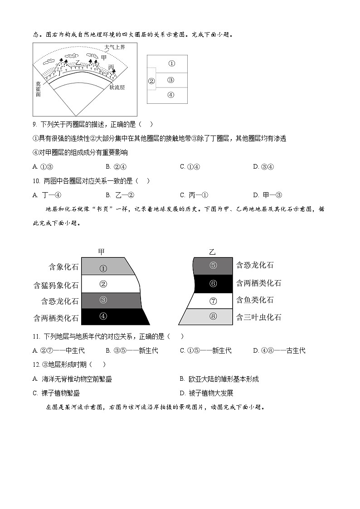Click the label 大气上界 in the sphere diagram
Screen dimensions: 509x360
[x=114, y=47]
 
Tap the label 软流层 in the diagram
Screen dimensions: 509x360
[x=117, y=87]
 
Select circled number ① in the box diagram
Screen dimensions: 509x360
[x=171, y=64]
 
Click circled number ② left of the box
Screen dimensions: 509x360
[x=151, y=81]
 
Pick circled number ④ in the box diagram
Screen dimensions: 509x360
[x=170, y=95]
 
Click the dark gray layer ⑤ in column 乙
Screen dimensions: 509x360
[x=213, y=266]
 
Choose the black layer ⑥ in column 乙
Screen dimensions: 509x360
[x=213, y=283]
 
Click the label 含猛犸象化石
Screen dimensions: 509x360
[x=56, y=285]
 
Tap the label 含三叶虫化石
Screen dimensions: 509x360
[x=258, y=317]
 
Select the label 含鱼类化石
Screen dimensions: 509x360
[x=255, y=300]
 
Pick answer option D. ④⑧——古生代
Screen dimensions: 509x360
[x=279, y=350]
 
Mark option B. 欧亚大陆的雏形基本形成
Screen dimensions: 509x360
[x=219, y=379]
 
